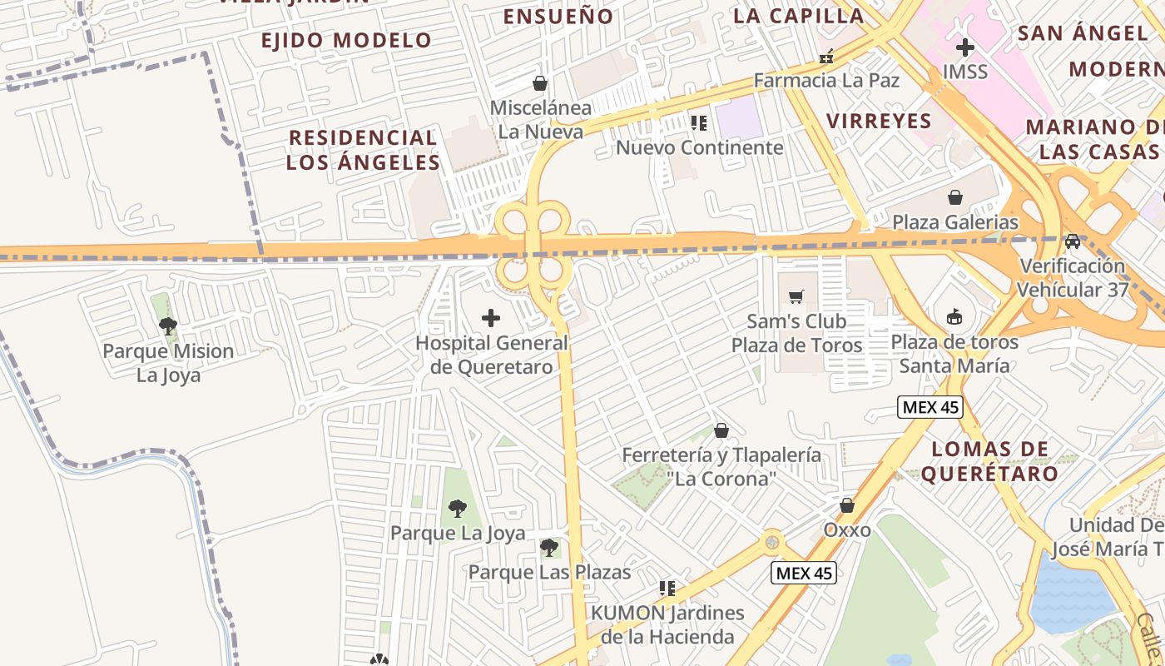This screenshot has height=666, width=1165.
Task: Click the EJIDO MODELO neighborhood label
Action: click(346, 40)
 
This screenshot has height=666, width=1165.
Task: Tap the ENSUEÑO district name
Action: click(558, 16)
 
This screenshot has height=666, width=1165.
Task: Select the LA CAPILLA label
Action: click(798, 16)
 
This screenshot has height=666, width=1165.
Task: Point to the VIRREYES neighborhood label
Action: click(879, 121)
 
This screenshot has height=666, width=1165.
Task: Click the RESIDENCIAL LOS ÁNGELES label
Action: click(362, 150)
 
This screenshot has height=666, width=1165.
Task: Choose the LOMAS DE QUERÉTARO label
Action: click(990, 461)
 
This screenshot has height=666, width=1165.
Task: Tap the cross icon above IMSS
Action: click(964, 47)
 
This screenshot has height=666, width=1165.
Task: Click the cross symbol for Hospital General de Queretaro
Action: click(491, 317)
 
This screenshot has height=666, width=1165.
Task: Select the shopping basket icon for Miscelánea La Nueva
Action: click(540, 83)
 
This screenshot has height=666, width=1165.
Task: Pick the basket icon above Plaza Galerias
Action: click(955, 197)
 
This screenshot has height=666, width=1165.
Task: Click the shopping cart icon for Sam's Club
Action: click(796, 296)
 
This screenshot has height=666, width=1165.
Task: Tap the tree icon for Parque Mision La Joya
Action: click(167, 326)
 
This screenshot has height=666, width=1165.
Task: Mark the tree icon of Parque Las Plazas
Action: click(548, 547)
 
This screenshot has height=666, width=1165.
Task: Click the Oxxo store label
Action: click(847, 529)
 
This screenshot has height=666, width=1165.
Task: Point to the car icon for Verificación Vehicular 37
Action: click(1073, 241)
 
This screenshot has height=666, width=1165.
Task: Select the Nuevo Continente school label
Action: click(699, 147)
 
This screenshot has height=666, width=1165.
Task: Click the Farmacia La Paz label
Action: click(826, 80)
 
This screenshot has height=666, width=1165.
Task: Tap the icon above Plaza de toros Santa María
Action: click(954, 317)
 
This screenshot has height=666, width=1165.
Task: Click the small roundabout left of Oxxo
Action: click(773, 543)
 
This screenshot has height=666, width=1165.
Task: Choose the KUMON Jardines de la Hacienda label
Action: click(667, 625)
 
